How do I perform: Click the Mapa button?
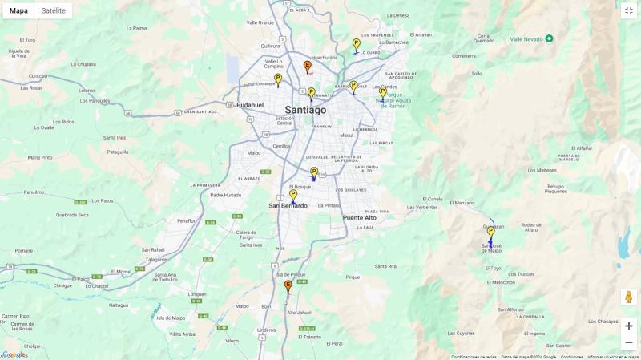point(18,10)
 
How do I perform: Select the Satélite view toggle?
point(54,10)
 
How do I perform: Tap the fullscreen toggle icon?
point(628,10)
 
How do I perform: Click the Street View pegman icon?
point(628,297)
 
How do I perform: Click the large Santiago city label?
point(305,110)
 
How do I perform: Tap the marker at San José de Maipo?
point(490,233)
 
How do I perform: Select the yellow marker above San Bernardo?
point(293,195)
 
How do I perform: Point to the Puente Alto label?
point(359,217)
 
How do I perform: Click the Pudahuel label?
point(250,105)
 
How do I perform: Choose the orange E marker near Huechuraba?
point(307,67)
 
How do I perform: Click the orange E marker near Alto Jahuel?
point(288,285)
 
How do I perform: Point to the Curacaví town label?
point(38,76)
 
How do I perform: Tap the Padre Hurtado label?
point(225,195)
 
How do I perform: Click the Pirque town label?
point(353,277)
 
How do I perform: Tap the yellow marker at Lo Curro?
point(356,44)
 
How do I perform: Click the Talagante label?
point(156,259)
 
